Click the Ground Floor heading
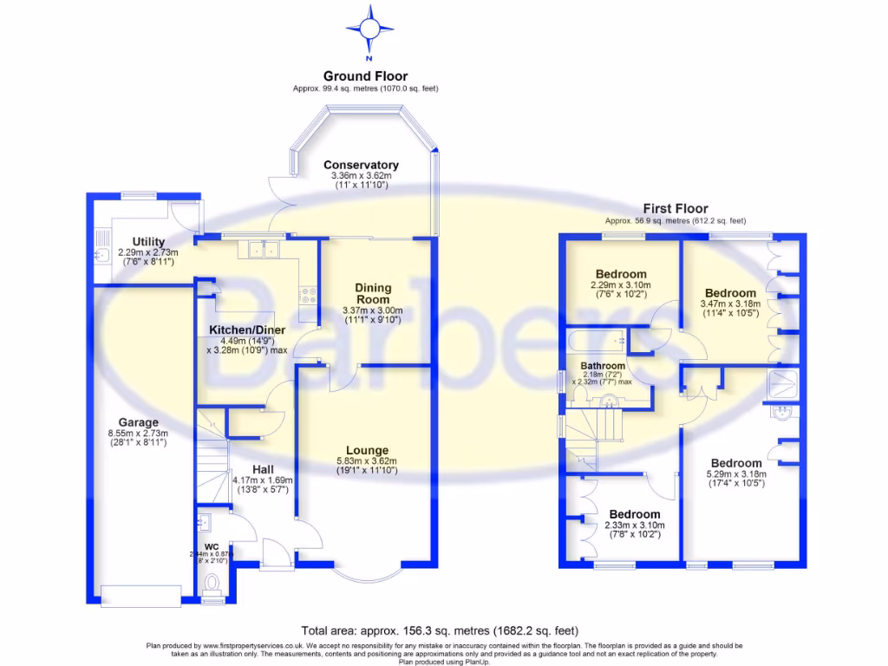coord(365,76)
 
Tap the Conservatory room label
coord(361,165)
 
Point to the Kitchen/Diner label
coord(243,330)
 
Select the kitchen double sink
coord(263,250)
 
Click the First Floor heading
coord(675,208)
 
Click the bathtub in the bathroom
coord(598,341)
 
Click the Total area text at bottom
coord(440,630)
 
